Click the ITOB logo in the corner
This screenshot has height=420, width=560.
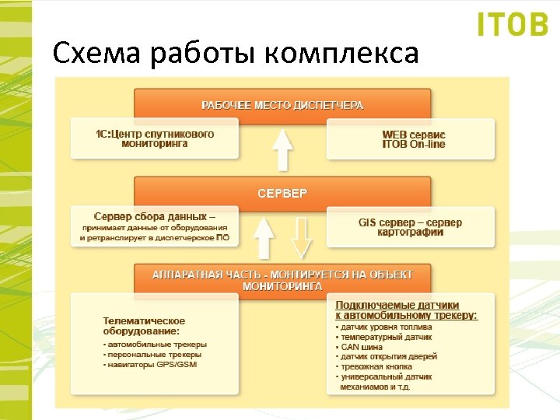tap(513, 25)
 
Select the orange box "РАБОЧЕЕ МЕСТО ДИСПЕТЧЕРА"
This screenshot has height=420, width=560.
tap(282, 104)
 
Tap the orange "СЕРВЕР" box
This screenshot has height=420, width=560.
tap(282, 192)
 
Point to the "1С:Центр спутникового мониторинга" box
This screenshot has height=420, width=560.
tap(155, 139)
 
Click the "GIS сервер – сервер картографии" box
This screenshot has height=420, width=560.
tap(410, 227)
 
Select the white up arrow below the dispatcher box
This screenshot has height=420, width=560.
tap(282, 149)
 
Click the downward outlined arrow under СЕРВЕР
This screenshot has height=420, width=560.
tap(301, 237)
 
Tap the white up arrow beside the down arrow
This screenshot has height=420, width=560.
tap(265, 237)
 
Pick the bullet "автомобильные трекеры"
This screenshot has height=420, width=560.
tap(155, 344)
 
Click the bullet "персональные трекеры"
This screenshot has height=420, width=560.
tap(152, 355)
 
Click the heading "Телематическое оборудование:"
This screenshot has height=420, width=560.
tap(144, 325)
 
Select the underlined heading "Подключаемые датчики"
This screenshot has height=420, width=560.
tap(397, 305)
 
